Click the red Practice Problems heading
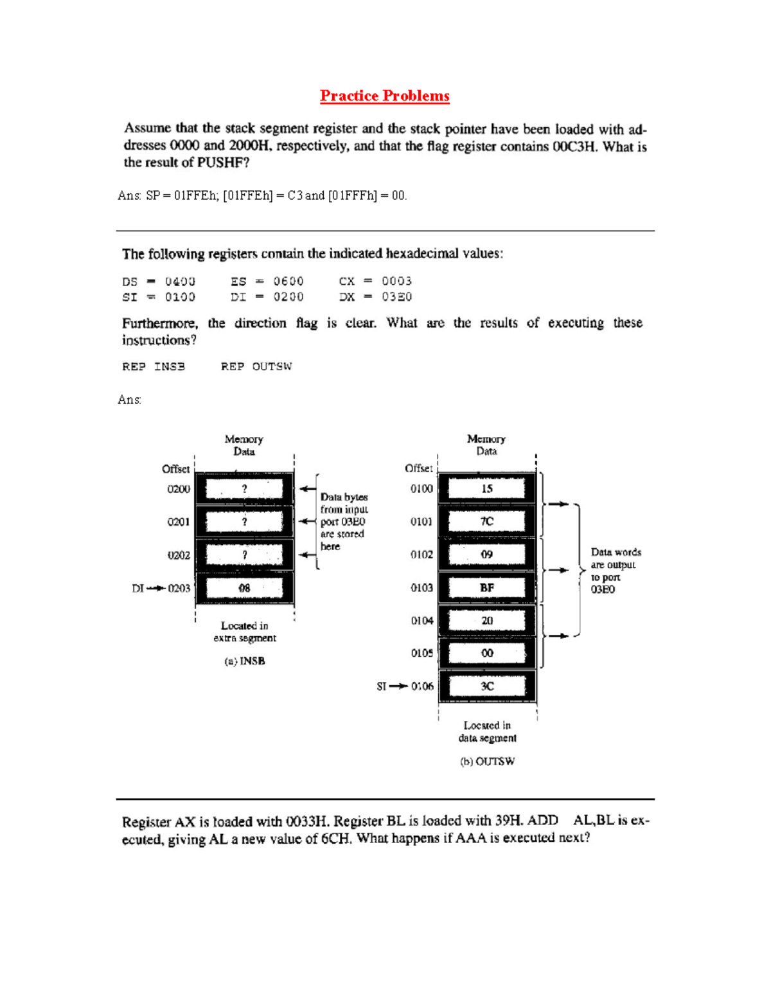385,96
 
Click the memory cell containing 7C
486,521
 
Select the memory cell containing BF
486,587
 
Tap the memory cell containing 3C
486,686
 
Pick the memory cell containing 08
244,588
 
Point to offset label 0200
179,489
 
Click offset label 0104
422,621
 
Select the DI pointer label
137,588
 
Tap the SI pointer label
382,686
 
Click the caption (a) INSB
245,661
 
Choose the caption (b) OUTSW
487,762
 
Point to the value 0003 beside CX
396,281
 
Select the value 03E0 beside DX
396,297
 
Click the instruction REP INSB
154,366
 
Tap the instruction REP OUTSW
256,366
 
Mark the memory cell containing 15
486,488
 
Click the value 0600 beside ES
288,281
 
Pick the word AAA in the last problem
471,838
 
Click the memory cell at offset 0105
486,654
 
